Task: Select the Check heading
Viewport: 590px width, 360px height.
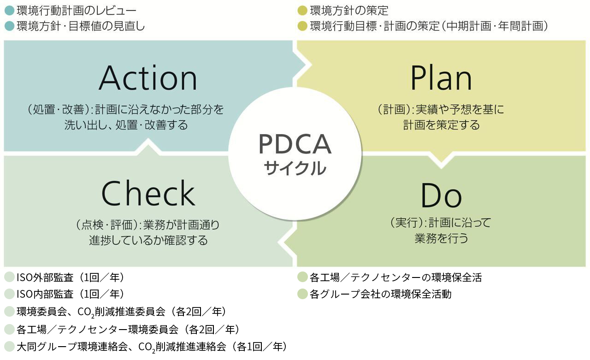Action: [148, 194]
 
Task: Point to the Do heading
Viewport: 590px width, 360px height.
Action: [441, 195]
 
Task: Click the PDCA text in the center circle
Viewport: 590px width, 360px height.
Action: [295, 144]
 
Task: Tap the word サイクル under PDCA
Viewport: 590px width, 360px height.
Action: [295, 168]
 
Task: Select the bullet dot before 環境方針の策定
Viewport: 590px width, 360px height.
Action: [302, 10]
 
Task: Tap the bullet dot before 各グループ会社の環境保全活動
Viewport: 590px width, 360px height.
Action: [302, 294]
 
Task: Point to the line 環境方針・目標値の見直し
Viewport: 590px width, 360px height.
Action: [80, 26]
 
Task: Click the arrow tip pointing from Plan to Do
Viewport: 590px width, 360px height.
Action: [441, 161]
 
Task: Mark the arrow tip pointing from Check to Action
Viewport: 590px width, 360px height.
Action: [148, 143]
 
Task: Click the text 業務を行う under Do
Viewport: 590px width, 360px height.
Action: [441, 239]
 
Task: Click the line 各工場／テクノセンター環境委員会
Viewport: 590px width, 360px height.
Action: [97, 330]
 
